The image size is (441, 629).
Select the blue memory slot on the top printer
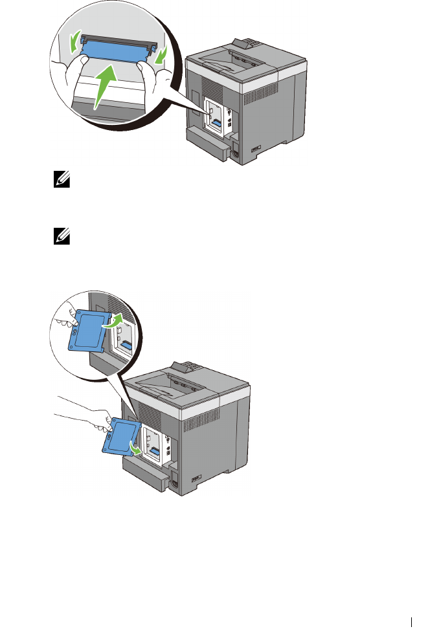(x=217, y=121)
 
